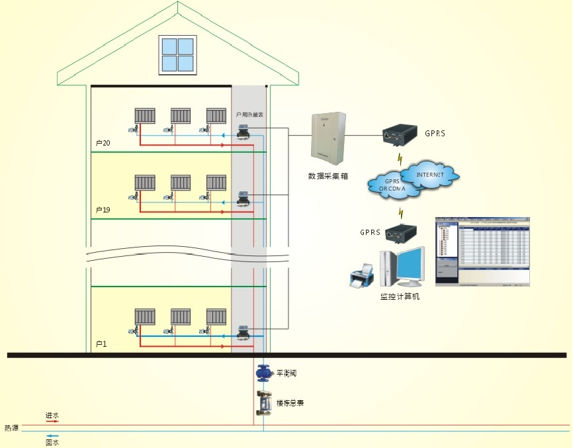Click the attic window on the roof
[178, 55]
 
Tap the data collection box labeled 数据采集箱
[328, 140]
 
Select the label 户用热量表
[250, 115]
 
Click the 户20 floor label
[103, 144]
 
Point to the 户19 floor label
[103, 210]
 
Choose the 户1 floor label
[101, 344]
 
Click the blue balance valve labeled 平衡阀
[263, 373]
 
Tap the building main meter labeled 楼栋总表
[264, 402]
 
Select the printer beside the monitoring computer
[362, 273]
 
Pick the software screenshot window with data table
[482, 251]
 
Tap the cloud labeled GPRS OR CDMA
[394, 185]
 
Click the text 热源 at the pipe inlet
[11, 428]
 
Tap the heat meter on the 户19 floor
[242, 199]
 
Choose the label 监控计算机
[400, 296]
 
